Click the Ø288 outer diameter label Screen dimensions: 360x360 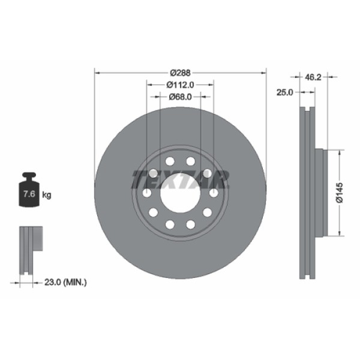180,71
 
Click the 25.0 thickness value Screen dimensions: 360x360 284,92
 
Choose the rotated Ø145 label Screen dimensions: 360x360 339,194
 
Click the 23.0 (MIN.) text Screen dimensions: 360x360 67,281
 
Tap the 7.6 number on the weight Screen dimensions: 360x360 28,194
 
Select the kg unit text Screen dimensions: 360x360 47,195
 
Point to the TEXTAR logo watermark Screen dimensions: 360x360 180,178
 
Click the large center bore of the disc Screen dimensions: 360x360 180,193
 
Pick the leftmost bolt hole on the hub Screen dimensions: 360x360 146,193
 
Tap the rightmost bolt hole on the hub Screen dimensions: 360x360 214,193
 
